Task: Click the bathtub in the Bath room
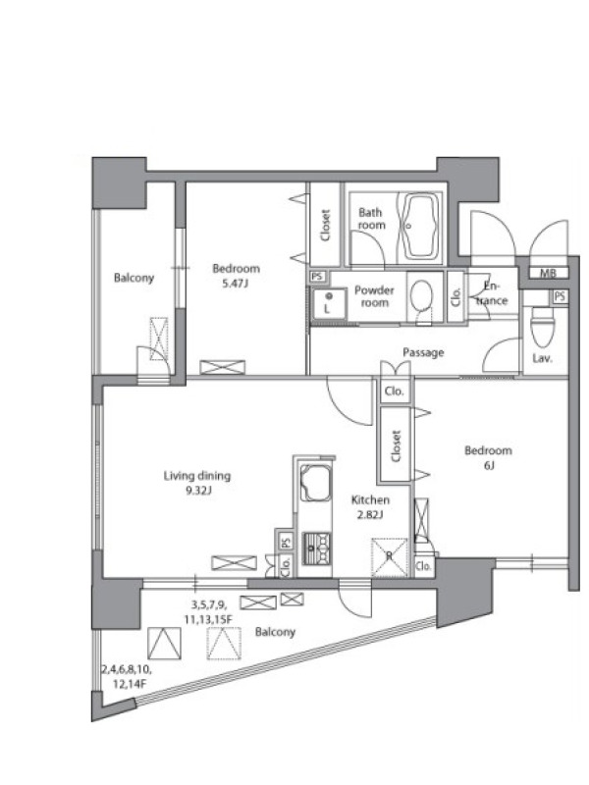(417, 226)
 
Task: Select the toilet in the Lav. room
(543, 327)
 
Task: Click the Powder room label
(374, 296)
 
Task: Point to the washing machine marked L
(328, 303)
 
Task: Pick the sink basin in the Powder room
(422, 295)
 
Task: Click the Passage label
(423, 352)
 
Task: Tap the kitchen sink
(314, 483)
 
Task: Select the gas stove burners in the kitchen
(316, 549)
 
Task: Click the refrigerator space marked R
(389, 556)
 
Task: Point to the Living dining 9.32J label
(197, 483)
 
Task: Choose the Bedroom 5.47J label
(236, 276)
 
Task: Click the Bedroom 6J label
(488, 457)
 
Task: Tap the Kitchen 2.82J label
(370, 506)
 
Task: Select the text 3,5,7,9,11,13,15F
(208, 611)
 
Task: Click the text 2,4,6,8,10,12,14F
(127, 676)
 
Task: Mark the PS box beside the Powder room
(317, 277)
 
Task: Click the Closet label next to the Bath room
(326, 225)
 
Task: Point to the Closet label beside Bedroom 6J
(396, 445)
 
